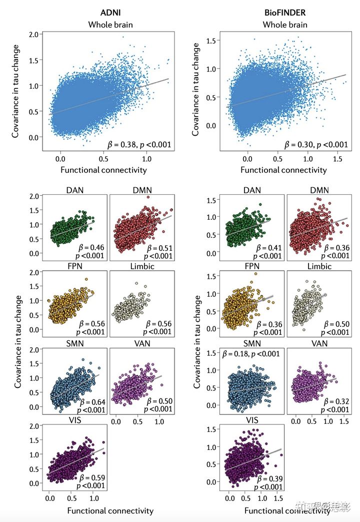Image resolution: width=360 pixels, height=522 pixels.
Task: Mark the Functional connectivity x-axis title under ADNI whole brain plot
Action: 103,170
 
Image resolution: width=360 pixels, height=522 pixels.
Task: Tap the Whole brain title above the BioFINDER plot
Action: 285,24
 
